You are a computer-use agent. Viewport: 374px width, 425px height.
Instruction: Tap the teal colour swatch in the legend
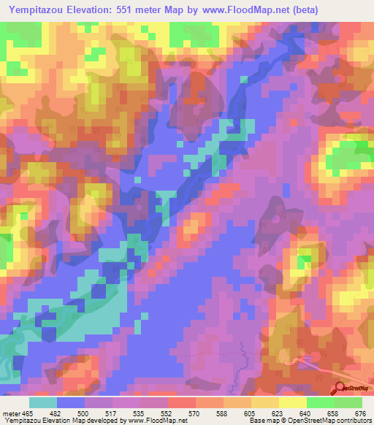(x=43, y=402)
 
